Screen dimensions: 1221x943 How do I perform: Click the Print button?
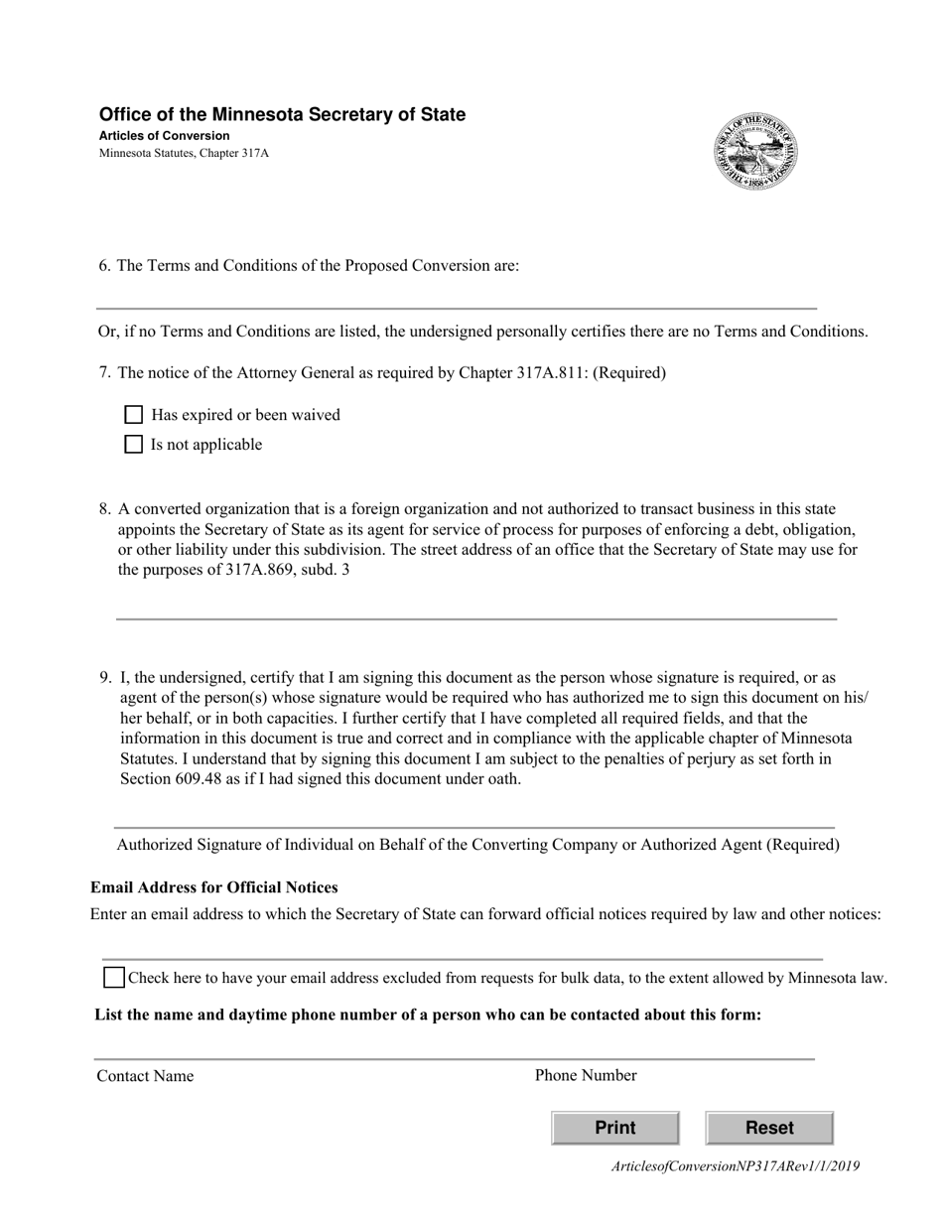tap(614, 1128)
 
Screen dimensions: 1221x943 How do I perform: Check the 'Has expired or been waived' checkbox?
tap(134, 415)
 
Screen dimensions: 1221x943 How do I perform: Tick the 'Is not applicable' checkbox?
tap(134, 445)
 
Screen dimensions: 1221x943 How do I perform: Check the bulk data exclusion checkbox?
tap(114, 978)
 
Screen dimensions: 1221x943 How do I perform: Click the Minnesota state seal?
tap(755, 152)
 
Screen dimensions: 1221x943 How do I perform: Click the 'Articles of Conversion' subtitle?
tap(164, 136)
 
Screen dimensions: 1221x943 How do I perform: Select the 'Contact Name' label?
tap(145, 1076)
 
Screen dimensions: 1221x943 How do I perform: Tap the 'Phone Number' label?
tap(586, 1075)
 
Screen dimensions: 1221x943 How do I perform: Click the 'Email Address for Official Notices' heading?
tap(214, 887)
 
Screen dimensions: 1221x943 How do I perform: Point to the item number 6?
tap(104, 266)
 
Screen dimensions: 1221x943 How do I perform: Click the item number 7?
tap(104, 373)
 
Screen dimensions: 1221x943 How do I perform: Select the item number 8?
tap(104, 509)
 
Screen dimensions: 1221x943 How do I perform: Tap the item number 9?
tap(104, 678)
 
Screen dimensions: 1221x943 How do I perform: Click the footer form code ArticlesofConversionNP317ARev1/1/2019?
tap(736, 1166)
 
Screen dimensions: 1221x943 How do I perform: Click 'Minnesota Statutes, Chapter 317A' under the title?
tap(184, 154)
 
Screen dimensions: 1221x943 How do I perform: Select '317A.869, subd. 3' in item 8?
tap(287, 570)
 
